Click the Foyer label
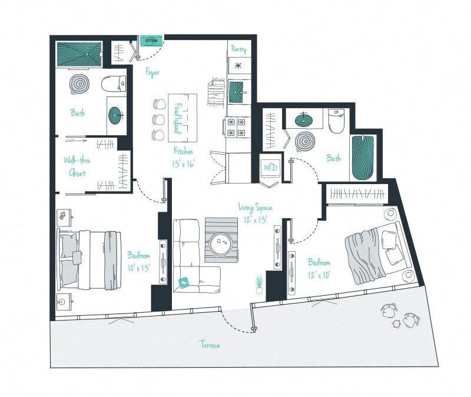[152, 72]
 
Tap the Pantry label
[238, 50]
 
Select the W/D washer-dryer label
[270, 168]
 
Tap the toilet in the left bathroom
[114, 84]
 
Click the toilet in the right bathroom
[337, 121]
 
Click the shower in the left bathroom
[79, 54]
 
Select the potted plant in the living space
[259, 283]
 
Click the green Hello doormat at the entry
[151, 41]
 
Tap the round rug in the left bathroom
[78, 84]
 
